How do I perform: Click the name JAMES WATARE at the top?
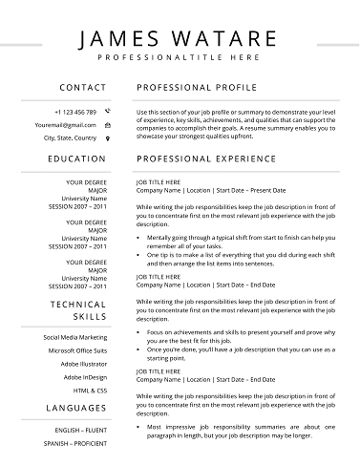tap(179, 40)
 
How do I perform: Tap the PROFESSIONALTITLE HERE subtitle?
tap(180, 58)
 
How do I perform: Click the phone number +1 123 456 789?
tap(75, 112)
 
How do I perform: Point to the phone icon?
tap(107, 112)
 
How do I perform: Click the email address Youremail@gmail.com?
tap(65, 125)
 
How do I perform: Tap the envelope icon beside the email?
tap(107, 125)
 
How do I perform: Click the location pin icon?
tap(107, 138)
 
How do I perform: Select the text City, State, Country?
tap(70, 138)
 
